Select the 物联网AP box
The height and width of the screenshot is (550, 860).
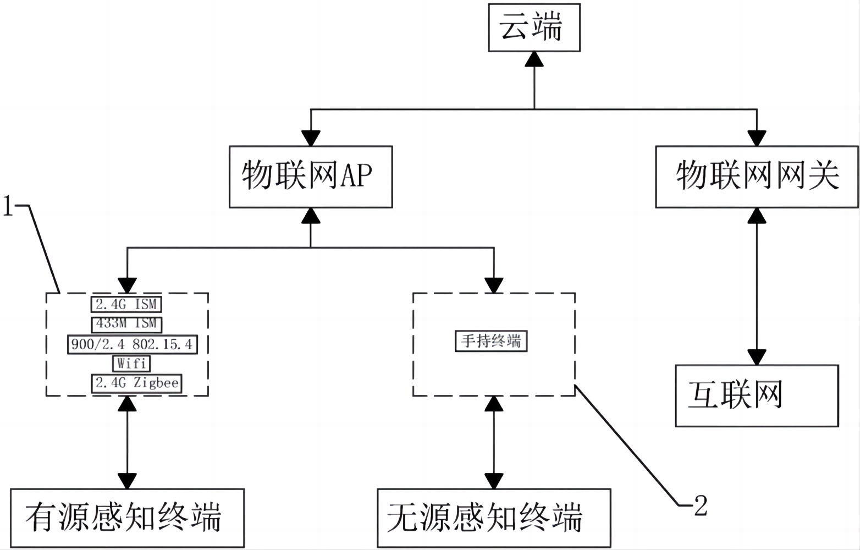311,177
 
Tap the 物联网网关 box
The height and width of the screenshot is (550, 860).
757,177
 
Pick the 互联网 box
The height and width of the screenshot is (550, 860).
757,395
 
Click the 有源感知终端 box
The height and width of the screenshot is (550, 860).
127,518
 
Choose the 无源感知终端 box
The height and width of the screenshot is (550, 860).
494,518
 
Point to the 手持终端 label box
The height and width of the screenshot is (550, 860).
491,341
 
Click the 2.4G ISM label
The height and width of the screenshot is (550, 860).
126,304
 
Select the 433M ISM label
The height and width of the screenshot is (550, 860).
126,323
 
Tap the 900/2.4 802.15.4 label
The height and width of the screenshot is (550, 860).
132,344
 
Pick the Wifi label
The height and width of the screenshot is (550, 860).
132,364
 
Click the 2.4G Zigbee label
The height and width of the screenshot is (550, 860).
137,383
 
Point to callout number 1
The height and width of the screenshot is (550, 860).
8,206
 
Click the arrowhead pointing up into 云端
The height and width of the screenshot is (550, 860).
534,59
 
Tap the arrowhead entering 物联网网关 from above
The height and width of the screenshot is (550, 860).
757,138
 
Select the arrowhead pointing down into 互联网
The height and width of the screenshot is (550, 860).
757,358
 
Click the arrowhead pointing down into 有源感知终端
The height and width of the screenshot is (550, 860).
127,481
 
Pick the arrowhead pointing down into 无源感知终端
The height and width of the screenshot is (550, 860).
494,481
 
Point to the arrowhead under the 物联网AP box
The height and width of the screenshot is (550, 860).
311,216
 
